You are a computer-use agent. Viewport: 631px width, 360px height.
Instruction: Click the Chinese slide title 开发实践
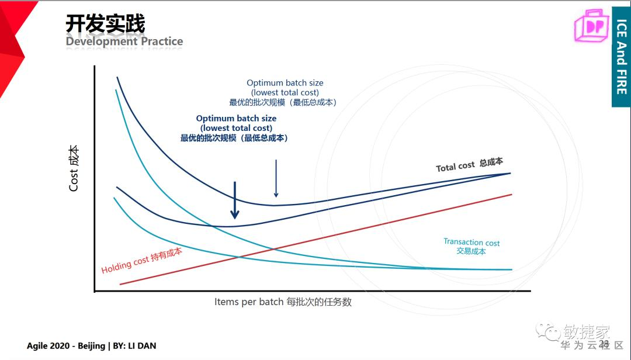coord(105,24)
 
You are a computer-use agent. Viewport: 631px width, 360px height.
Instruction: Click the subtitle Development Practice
coord(124,41)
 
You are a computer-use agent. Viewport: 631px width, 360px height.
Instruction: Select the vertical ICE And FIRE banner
coord(621,57)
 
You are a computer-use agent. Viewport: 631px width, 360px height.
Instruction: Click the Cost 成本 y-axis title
coord(74,169)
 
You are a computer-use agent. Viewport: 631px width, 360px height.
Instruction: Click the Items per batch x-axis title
coord(283,302)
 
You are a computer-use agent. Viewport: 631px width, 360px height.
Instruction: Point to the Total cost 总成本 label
coord(469,165)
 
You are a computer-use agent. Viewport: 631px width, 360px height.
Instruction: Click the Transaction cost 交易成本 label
coord(471,246)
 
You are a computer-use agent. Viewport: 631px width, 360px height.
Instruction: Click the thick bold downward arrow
coord(235,200)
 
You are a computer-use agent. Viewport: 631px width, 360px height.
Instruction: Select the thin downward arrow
coord(276,178)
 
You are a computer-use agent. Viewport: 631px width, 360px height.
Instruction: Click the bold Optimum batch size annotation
coord(236,128)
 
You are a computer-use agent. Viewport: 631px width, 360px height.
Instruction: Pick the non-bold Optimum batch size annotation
coord(285,92)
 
